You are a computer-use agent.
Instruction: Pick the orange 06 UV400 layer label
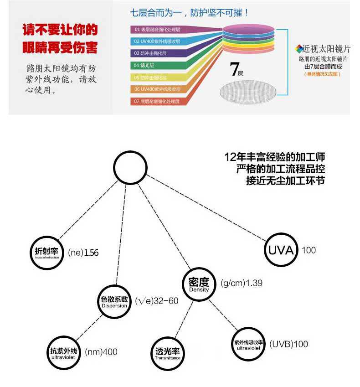pyautogui.click(x=157, y=89)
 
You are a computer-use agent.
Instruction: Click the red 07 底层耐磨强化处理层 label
pyautogui.click(x=157, y=101)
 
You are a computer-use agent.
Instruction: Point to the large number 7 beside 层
pyautogui.click(x=235, y=70)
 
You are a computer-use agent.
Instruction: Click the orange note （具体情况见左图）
pyautogui.click(x=323, y=73)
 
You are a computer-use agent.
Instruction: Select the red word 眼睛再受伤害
pyautogui.click(x=60, y=47)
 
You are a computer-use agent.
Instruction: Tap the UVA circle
pyautogui.click(x=281, y=250)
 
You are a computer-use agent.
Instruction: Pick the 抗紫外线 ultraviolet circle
pyautogui.click(x=64, y=352)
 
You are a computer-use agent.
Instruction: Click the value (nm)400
pyautogui.click(x=101, y=352)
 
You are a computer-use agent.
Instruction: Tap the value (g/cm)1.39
pyautogui.click(x=242, y=283)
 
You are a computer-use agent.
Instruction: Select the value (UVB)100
pyautogui.click(x=288, y=344)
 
